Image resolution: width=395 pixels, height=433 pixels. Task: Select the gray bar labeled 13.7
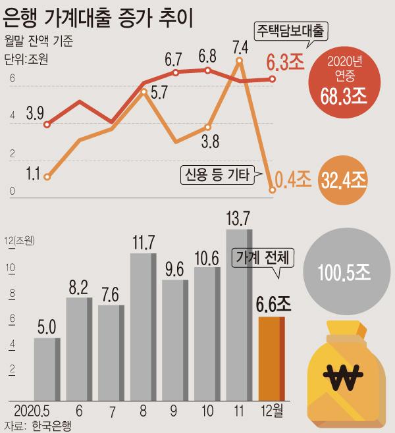tap(238, 315)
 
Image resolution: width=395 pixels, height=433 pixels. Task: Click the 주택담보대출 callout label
tap(291, 30)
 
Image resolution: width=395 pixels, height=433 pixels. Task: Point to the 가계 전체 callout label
tap(261, 257)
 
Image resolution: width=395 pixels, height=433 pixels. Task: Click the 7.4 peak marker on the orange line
tap(239, 61)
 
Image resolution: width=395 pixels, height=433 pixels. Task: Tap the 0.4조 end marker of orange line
tap(272, 191)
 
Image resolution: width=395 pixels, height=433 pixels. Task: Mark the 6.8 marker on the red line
tap(207, 70)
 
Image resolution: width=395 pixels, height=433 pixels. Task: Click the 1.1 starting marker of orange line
tap(47, 176)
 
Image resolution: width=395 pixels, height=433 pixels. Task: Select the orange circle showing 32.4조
tap(344, 178)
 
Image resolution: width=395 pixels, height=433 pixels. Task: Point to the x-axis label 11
tap(239, 413)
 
